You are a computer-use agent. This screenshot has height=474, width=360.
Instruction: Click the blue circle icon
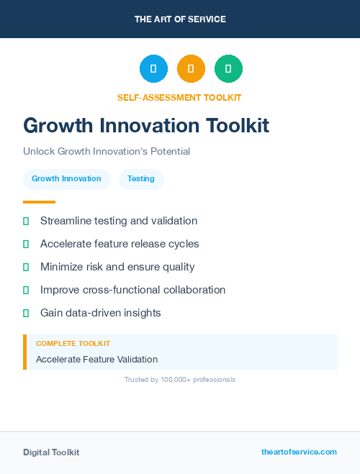[153, 68]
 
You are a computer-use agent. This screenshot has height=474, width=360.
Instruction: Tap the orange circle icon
[191, 68]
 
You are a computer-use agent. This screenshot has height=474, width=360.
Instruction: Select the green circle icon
[228, 68]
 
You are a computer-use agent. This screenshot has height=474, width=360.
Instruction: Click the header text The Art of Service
[180, 19]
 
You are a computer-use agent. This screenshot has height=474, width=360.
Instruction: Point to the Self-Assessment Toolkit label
[179, 97]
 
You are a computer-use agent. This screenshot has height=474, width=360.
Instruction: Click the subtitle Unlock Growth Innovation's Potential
[107, 152]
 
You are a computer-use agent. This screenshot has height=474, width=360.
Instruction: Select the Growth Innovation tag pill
[66, 178]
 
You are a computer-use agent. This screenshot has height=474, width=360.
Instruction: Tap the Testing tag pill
[141, 178]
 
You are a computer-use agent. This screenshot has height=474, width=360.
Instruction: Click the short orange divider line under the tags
[39, 202]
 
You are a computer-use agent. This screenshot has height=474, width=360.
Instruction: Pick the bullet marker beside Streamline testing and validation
[26, 221]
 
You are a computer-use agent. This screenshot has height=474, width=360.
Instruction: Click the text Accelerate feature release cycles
[120, 244]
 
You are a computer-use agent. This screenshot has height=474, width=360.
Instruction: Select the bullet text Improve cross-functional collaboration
[132, 290]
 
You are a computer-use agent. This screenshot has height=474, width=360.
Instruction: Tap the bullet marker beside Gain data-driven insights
[26, 313]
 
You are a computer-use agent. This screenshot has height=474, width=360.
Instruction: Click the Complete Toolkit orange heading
[73, 344]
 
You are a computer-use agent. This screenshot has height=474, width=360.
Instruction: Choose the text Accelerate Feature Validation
[96, 359]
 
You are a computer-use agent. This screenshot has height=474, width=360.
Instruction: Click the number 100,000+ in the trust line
[179, 379]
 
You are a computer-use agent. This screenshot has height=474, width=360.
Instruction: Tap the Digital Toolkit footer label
[51, 452]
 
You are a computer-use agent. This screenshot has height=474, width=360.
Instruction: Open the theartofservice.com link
[299, 452]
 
